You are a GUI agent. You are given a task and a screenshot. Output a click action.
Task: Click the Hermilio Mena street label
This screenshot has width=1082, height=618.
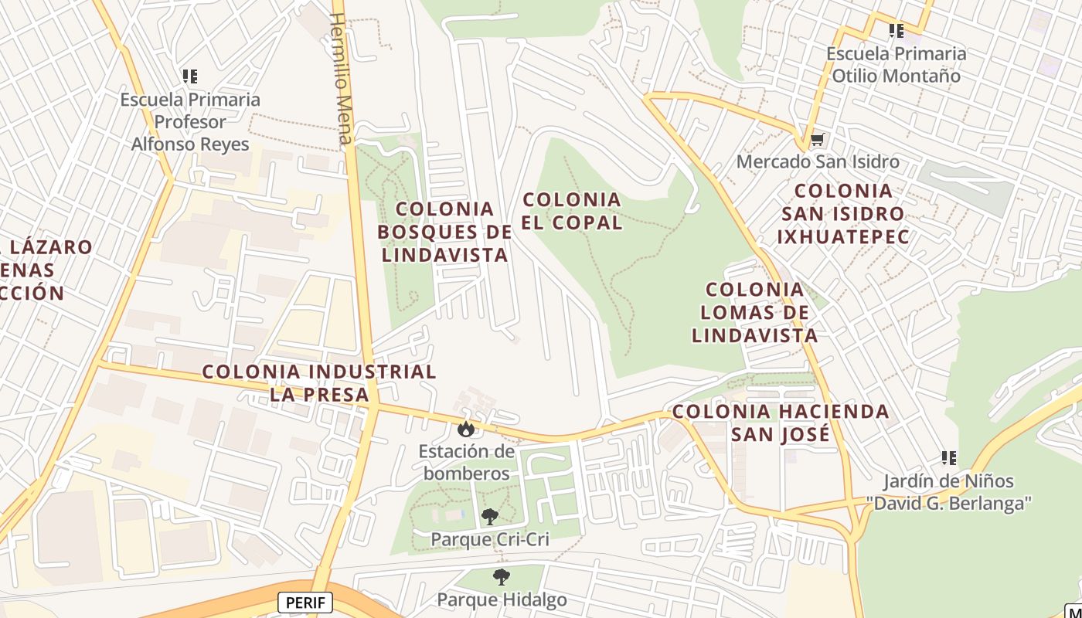pos(341,78)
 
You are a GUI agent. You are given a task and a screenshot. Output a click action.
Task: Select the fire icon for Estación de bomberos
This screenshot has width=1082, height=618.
pos(465,428)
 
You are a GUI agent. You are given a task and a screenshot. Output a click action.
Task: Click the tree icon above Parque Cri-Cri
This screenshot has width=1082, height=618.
pos(489,517)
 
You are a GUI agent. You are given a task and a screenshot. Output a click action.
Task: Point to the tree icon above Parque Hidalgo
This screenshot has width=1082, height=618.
pos(502,576)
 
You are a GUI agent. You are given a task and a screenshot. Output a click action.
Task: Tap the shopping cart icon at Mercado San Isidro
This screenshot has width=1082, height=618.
pos(817,140)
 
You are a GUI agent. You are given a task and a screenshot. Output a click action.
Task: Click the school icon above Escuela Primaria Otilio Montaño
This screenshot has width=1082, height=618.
pos(896,31)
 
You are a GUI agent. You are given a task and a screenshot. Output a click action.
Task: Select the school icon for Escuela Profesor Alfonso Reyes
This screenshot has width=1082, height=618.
pos(190,76)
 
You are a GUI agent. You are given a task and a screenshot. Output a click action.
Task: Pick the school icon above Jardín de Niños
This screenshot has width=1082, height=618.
pos(949,458)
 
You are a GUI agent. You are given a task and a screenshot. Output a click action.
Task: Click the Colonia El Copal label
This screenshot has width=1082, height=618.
pos(572,211)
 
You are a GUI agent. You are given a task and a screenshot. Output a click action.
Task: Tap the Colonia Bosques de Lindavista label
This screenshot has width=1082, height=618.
pos(445,232)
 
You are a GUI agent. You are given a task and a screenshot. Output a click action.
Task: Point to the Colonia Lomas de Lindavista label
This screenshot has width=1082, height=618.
pos(755,313)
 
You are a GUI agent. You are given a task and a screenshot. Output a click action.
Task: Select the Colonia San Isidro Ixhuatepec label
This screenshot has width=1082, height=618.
pos(843,213)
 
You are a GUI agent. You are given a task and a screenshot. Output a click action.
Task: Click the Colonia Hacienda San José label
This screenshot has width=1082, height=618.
pos(781,423)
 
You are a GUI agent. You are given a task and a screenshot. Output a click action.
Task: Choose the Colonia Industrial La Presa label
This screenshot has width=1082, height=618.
pos(319,383)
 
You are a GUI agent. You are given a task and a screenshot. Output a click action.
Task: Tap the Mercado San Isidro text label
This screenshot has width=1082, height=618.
pos(818,162)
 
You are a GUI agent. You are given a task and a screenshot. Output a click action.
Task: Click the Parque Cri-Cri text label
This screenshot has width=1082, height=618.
pos(490,539)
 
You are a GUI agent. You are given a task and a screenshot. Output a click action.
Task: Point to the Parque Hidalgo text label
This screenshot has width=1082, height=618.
pos(502,599)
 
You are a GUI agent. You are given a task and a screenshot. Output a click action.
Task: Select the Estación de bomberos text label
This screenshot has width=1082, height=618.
pos(467,462)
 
